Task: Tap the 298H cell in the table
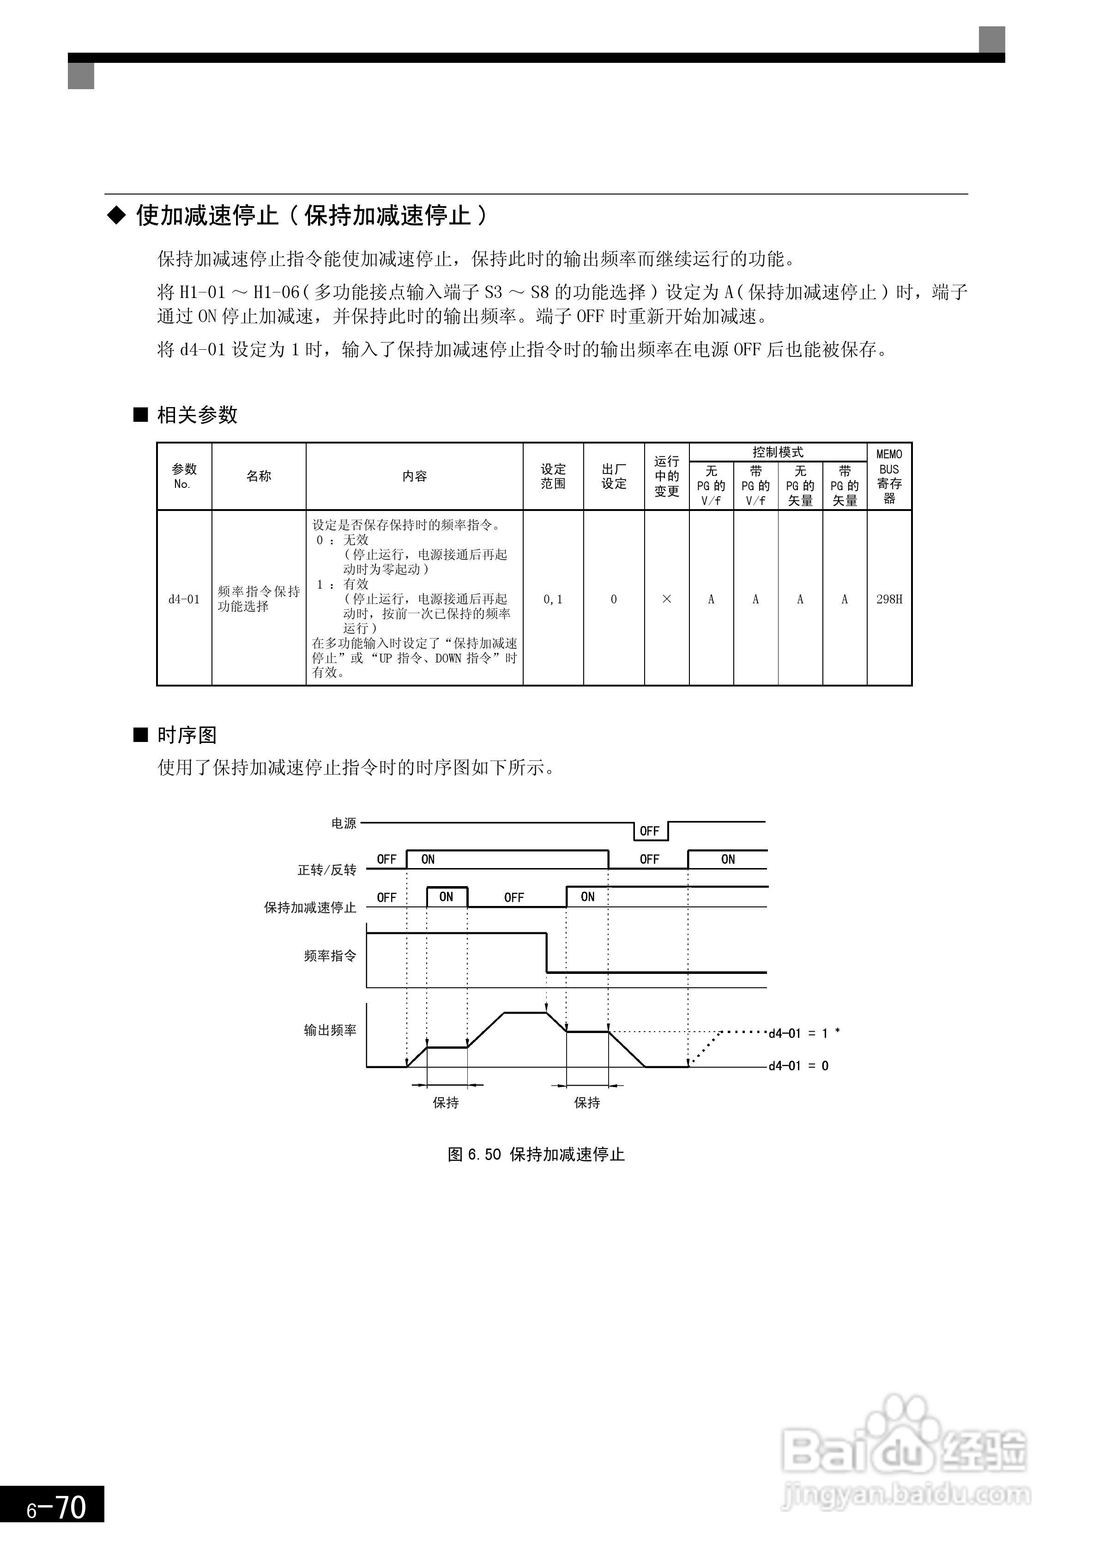(x=889, y=599)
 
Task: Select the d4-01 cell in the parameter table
(x=184, y=599)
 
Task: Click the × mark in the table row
(x=666, y=599)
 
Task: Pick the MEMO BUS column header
(x=889, y=476)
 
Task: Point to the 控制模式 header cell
(x=777, y=452)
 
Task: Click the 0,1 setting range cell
(x=553, y=599)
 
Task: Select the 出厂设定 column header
(x=614, y=476)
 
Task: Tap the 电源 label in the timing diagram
(x=344, y=823)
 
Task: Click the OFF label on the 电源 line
(x=649, y=831)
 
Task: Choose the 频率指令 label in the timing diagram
(x=330, y=955)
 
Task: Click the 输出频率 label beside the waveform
(x=330, y=1030)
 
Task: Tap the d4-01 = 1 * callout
(x=803, y=1033)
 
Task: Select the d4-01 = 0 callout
(x=798, y=1066)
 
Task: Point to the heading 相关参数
(x=197, y=415)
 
